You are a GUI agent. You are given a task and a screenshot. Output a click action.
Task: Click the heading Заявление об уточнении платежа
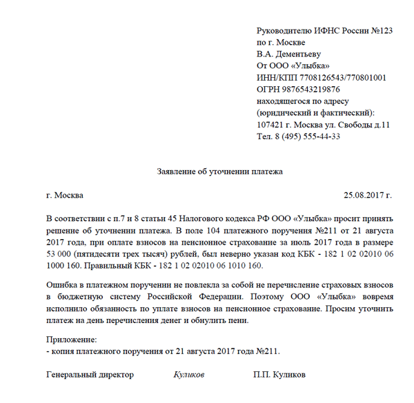[217, 170]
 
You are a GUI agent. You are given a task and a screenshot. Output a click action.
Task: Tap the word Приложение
[72, 340]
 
